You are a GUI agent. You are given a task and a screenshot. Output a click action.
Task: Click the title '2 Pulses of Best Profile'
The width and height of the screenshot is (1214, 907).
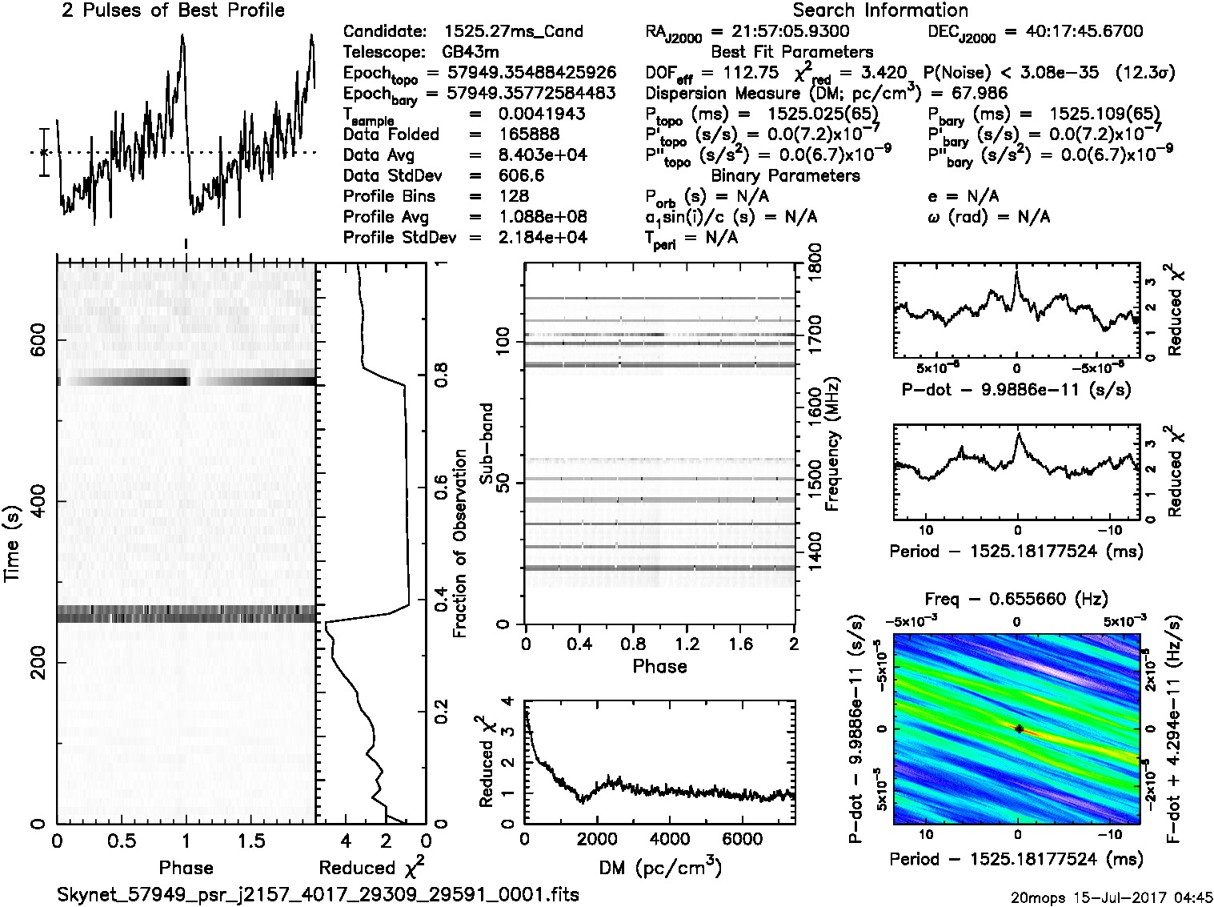coord(173,10)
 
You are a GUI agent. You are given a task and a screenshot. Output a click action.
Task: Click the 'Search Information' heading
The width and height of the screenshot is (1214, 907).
coord(879,10)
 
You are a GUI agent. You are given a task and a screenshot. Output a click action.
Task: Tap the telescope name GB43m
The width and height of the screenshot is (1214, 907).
coord(470,53)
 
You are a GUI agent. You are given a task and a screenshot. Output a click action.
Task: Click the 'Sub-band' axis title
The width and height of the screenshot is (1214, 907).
coord(486,443)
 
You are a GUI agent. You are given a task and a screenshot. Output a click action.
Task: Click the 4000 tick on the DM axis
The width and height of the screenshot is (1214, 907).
coord(670,839)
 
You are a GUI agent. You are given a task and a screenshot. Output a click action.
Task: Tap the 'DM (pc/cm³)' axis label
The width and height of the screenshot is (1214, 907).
coord(659,867)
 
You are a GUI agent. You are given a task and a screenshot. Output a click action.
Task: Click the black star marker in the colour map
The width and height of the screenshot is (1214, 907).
coord(1018,728)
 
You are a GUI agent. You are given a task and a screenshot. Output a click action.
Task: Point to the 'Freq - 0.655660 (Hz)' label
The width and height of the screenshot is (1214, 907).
coord(1016,599)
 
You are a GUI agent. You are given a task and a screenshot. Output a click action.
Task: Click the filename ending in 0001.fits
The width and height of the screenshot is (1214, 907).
coord(318,894)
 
